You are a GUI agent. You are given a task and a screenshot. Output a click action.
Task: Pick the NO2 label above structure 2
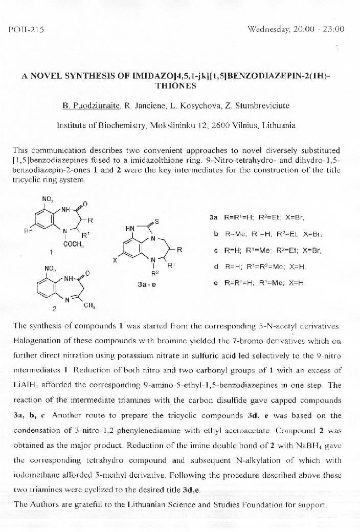51,268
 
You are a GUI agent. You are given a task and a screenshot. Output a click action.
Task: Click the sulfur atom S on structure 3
157,221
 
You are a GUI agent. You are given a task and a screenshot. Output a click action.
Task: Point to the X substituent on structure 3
115,260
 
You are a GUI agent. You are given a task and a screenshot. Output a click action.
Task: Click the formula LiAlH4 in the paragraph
24,384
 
